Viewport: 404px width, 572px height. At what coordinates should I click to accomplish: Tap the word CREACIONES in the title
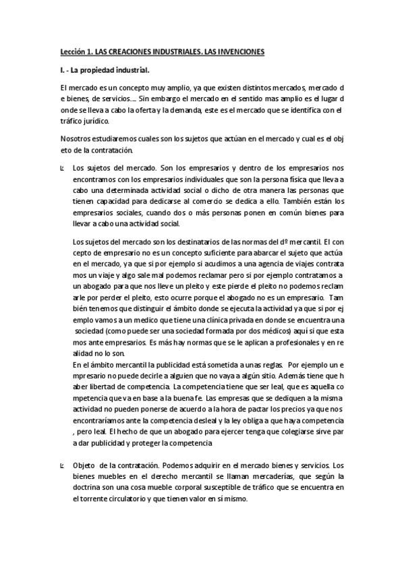coord(136,51)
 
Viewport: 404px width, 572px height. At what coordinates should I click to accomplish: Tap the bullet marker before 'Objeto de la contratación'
coord(61,466)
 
